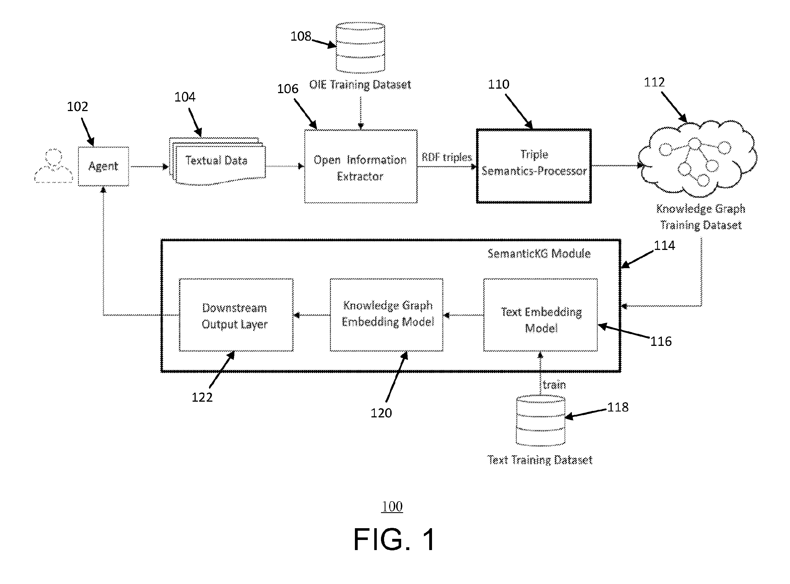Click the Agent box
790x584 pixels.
tap(103, 166)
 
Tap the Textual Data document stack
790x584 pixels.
tap(217, 161)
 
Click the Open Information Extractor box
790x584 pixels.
tap(361, 166)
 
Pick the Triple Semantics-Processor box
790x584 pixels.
tap(533, 166)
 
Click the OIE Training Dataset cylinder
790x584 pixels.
tap(360, 47)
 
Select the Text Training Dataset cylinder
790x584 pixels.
tap(540, 420)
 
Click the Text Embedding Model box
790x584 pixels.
tap(540, 315)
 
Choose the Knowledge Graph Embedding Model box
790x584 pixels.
tap(387, 315)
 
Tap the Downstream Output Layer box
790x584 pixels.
tap(236, 315)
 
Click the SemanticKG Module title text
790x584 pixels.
tap(539, 254)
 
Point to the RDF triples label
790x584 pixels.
tap(447, 157)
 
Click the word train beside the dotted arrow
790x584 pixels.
tap(554, 385)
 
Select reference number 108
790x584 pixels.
tap(301, 36)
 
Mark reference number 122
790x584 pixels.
tap(202, 397)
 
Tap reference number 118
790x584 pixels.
tap(618, 407)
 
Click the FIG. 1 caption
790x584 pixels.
tap(395, 539)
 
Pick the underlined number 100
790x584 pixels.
tap(392, 507)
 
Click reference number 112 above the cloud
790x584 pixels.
tap(654, 82)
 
